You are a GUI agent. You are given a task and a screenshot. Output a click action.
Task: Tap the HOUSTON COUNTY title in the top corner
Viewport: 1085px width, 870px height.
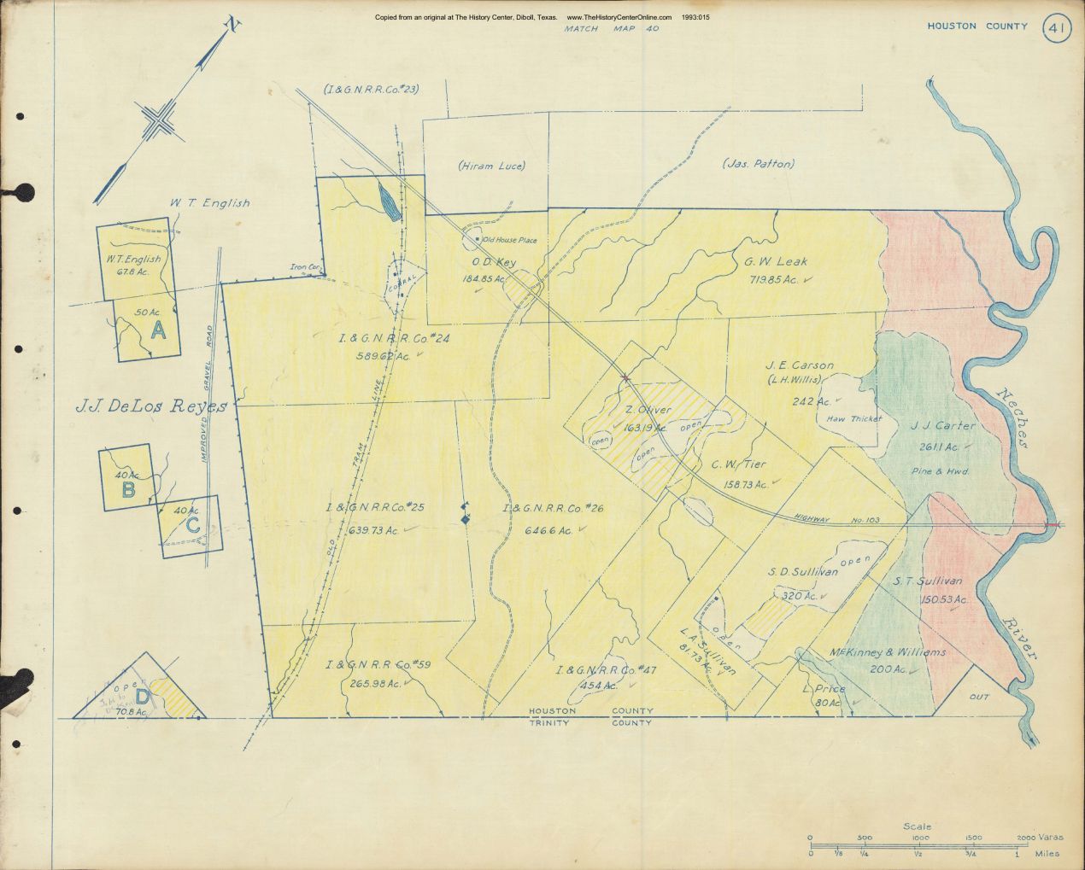(977, 26)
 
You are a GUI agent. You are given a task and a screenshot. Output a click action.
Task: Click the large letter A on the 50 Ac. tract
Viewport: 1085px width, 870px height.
(157, 331)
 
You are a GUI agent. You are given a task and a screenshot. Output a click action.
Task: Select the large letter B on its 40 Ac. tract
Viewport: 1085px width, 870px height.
(128, 489)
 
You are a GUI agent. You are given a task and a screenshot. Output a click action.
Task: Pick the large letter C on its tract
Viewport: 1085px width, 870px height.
(193, 526)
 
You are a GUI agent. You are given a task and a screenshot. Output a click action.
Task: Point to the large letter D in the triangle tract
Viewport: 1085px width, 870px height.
(143, 696)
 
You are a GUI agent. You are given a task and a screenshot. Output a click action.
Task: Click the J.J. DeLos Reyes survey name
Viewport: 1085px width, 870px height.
(150, 406)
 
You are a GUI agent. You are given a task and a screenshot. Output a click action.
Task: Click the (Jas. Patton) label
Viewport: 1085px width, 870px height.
(758, 164)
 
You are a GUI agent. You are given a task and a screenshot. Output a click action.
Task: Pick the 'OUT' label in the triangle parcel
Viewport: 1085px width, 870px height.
(979, 697)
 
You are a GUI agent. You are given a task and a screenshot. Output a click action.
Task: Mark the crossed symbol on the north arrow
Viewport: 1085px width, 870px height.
(159, 121)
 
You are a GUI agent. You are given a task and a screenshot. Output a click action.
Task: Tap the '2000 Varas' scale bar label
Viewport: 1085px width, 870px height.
(1039, 838)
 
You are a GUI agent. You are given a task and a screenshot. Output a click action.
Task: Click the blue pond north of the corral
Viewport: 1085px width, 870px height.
(387, 202)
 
